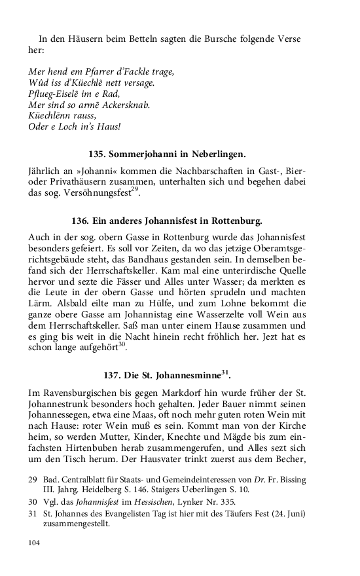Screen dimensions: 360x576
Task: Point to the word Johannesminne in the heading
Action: [x=185, y=375]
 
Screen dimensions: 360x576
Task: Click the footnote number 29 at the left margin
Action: [x=33, y=480]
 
